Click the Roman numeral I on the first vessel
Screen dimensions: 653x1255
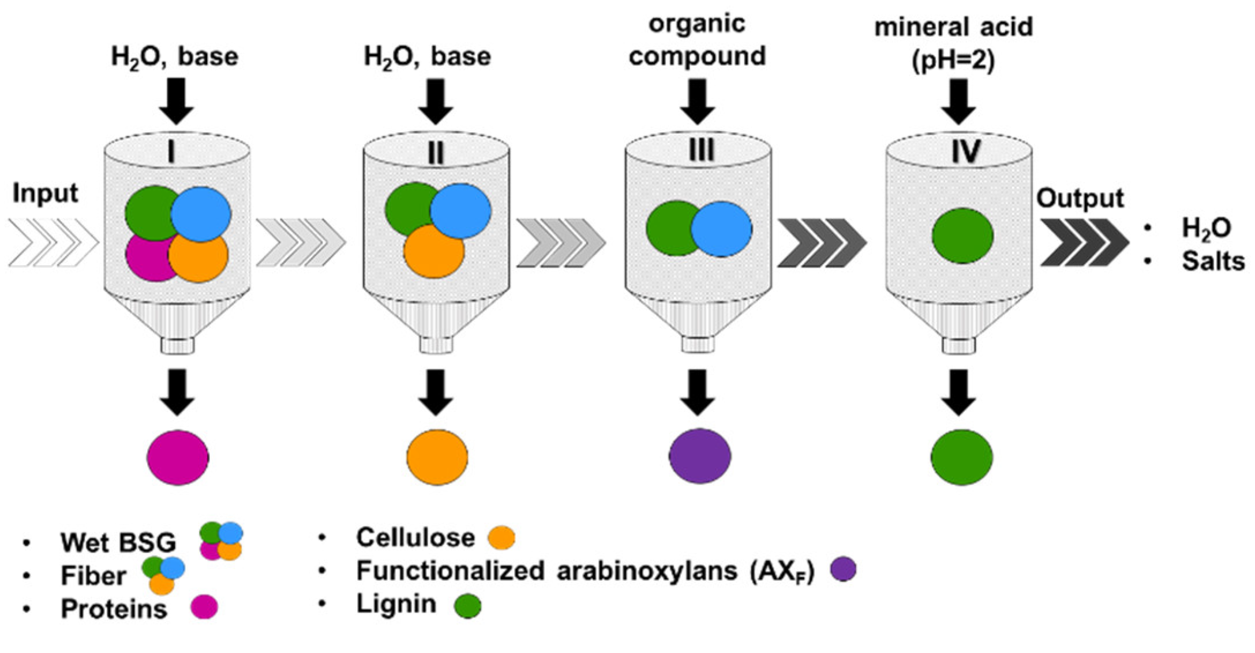pyautogui.click(x=171, y=152)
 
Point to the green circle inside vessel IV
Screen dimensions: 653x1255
pyautogui.click(x=962, y=236)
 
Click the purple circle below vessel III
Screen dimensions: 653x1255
pyautogui.click(x=699, y=456)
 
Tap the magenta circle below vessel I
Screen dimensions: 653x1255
pyautogui.click(x=178, y=457)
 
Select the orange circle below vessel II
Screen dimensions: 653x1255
pyautogui.click(x=437, y=457)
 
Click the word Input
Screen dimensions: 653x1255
pyautogui.click(x=45, y=193)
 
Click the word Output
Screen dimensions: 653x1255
pyautogui.click(x=1080, y=198)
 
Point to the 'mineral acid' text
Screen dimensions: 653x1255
pyautogui.click(x=953, y=27)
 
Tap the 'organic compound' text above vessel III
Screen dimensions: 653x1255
pyautogui.click(x=697, y=40)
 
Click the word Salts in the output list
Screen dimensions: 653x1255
pyautogui.click(x=1212, y=261)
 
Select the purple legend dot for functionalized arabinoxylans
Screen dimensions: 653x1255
pyautogui.click(x=843, y=569)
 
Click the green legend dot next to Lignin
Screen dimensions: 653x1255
pyautogui.click(x=467, y=606)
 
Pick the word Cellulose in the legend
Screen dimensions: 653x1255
pyautogui.click(x=415, y=538)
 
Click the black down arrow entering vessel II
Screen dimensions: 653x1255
pyautogui.click(x=436, y=101)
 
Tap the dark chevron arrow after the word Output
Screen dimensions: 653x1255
pyautogui.click(x=1084, y=242)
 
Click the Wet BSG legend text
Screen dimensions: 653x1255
pyautogui.click(x=118, y=542)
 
